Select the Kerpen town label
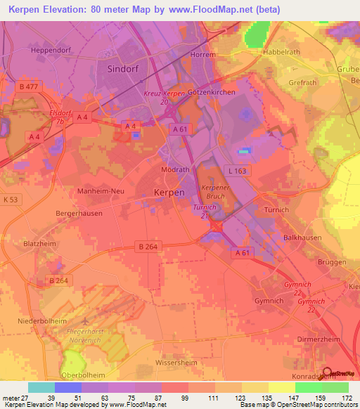click(x=169, y=192)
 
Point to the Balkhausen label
click(x=302, y=238)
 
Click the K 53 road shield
click(x=10, y=200)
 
